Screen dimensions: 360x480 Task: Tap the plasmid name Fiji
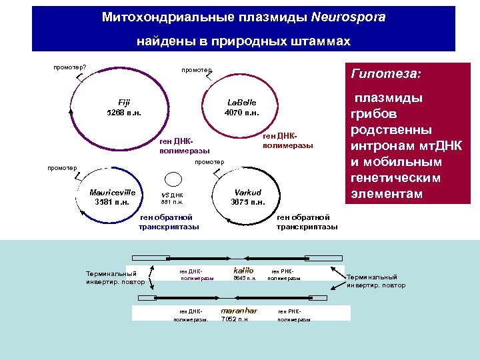point(124,102)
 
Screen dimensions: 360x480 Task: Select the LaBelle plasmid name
point(241,102)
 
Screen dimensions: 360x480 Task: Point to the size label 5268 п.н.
point(124,112)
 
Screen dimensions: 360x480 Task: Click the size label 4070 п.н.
point(241,112)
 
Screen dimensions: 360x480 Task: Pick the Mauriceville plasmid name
point(113,192)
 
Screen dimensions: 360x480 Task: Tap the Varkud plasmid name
point(247,192)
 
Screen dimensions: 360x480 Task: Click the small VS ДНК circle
point(173,179)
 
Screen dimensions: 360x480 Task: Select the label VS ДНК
point(173,195)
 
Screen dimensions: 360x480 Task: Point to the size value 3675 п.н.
point(247,202)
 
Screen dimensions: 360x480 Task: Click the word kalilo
point(243,270)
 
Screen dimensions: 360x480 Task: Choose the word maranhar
point(239,311)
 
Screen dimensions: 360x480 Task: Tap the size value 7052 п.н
point(234,319)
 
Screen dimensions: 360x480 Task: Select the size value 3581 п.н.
point(113,202)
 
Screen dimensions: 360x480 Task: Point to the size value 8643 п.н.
point(244,278)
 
